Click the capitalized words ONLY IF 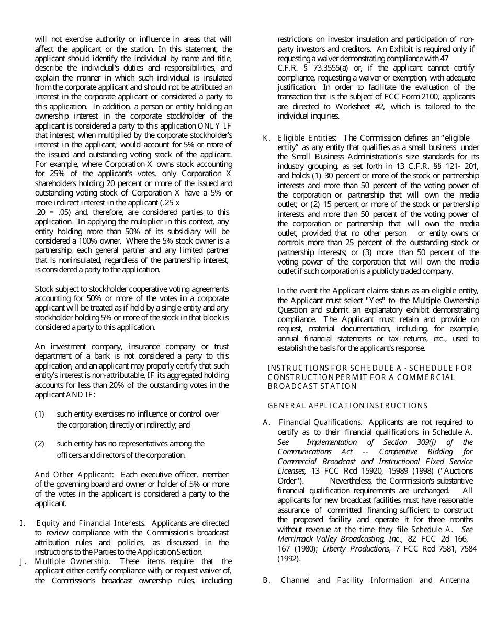(x=214, y=126)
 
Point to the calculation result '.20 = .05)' (x=54, y=212)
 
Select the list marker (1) (x=40, y=414)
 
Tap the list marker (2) (x=40, y=444)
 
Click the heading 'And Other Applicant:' (x=74, y=475)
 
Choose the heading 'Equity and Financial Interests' (x=92, y=523)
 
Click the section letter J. (x=22, y=561)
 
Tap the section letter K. (x=266, y=138)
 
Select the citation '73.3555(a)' (x=322, y=68)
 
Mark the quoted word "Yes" (x=358, y=301)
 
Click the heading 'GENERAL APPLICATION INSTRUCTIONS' (x=347, y=406)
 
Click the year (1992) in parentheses (x=289, y=558)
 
